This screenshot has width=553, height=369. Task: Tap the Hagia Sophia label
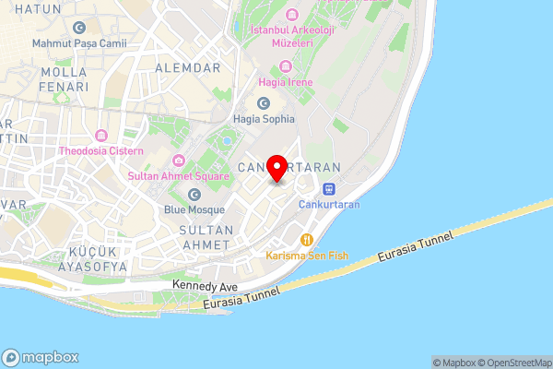pyautogui.click(x=264, y=118)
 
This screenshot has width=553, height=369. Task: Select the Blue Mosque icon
pyautogui.click(x=194, y=194)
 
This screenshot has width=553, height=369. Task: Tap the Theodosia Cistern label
pyautogui.click(x=101, y=150)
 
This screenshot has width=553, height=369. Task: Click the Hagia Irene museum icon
pyautogui.click(x=286, y=66)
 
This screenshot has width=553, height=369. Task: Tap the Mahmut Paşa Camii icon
pyautogui.click(x=77, y=27)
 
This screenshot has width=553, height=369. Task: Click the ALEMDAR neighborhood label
pyautogui.click(x=188, y=68)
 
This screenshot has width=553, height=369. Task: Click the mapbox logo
pyautogui.click(x=41, y=358)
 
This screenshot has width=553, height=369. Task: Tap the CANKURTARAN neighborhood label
pyautogui.click(x=289, y=168)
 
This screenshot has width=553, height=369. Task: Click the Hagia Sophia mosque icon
pyautogui.click(x=264, y=102)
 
